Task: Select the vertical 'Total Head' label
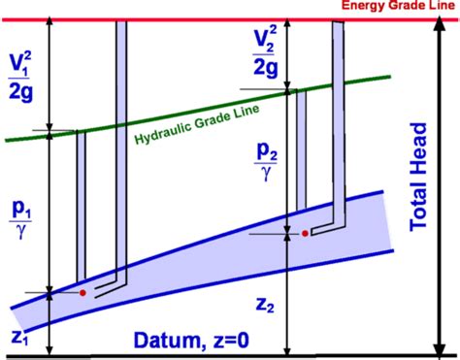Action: pyautogui.click(x=418, y=176)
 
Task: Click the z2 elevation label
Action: pyautogui.click(x=262, y=303)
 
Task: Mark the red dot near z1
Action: pyautogui.click(x=83, y=292)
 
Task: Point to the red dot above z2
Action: pyautogui.click(x=306, y=234)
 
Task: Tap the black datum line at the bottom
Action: pyautogui.click(x=230, y=356)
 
